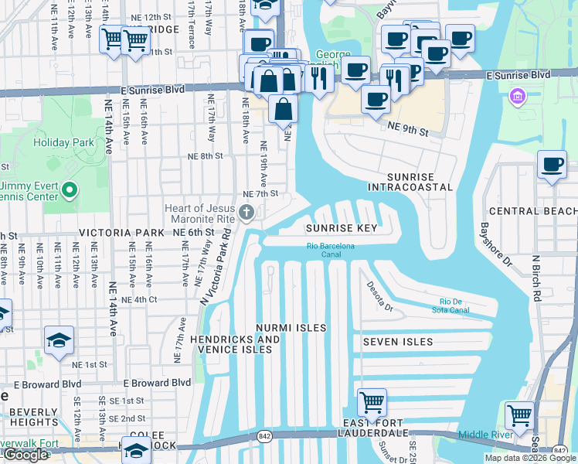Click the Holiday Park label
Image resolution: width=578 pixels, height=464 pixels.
[63, 142]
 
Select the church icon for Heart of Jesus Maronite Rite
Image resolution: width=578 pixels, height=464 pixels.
[246, 213]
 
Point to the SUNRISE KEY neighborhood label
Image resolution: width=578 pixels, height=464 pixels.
[341, 229]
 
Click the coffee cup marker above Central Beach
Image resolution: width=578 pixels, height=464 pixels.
[552, 164]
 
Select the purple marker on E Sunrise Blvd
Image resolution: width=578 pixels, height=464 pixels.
[517, 97]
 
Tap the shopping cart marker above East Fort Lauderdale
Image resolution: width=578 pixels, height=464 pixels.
[372, 402]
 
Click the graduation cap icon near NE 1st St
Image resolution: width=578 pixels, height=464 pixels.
[59, 340]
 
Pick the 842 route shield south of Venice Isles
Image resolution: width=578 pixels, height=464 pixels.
[265, 438]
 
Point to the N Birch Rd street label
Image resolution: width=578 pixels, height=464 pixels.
[535, 277]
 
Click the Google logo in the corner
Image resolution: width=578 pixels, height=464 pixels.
[25, 455]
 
